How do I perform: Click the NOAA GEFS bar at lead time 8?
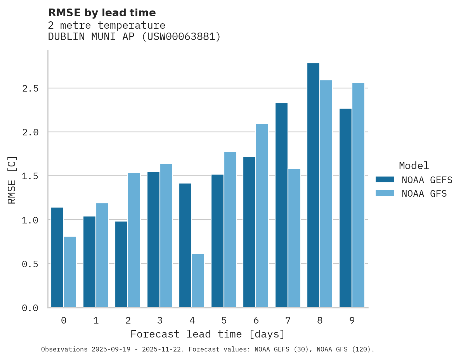pos(313,185)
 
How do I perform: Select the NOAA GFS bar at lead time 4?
pos(198,280)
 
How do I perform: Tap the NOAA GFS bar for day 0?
pos(70,272)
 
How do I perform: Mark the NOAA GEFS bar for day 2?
pos(121,264)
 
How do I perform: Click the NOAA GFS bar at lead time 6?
pos(262,215)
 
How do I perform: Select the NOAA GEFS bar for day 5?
pos(217,241)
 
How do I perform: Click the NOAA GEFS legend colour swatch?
pos(385,180)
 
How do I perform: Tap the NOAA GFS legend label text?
pos(424,194)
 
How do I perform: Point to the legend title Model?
pos(414,166)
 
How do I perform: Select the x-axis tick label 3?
pos(160,320)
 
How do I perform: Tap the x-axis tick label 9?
pos(352,320)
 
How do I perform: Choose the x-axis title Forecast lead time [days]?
pos(208,334)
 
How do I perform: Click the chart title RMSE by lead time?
pos(102,13)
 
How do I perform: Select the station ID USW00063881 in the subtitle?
pos(181,37)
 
